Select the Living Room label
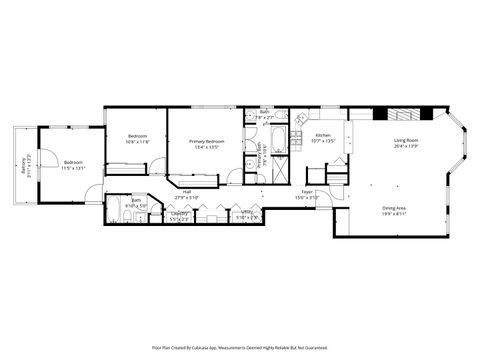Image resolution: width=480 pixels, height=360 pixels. [405, 141]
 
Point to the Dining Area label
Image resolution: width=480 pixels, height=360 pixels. [394, 208]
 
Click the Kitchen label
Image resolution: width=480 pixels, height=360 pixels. [323, 135]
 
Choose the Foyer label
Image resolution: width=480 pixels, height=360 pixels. [307, 191]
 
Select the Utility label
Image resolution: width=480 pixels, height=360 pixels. [246, 211]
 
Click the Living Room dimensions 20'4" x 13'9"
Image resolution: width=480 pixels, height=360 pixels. [405, 147]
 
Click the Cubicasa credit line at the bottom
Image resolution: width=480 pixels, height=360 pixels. [239, 347]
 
